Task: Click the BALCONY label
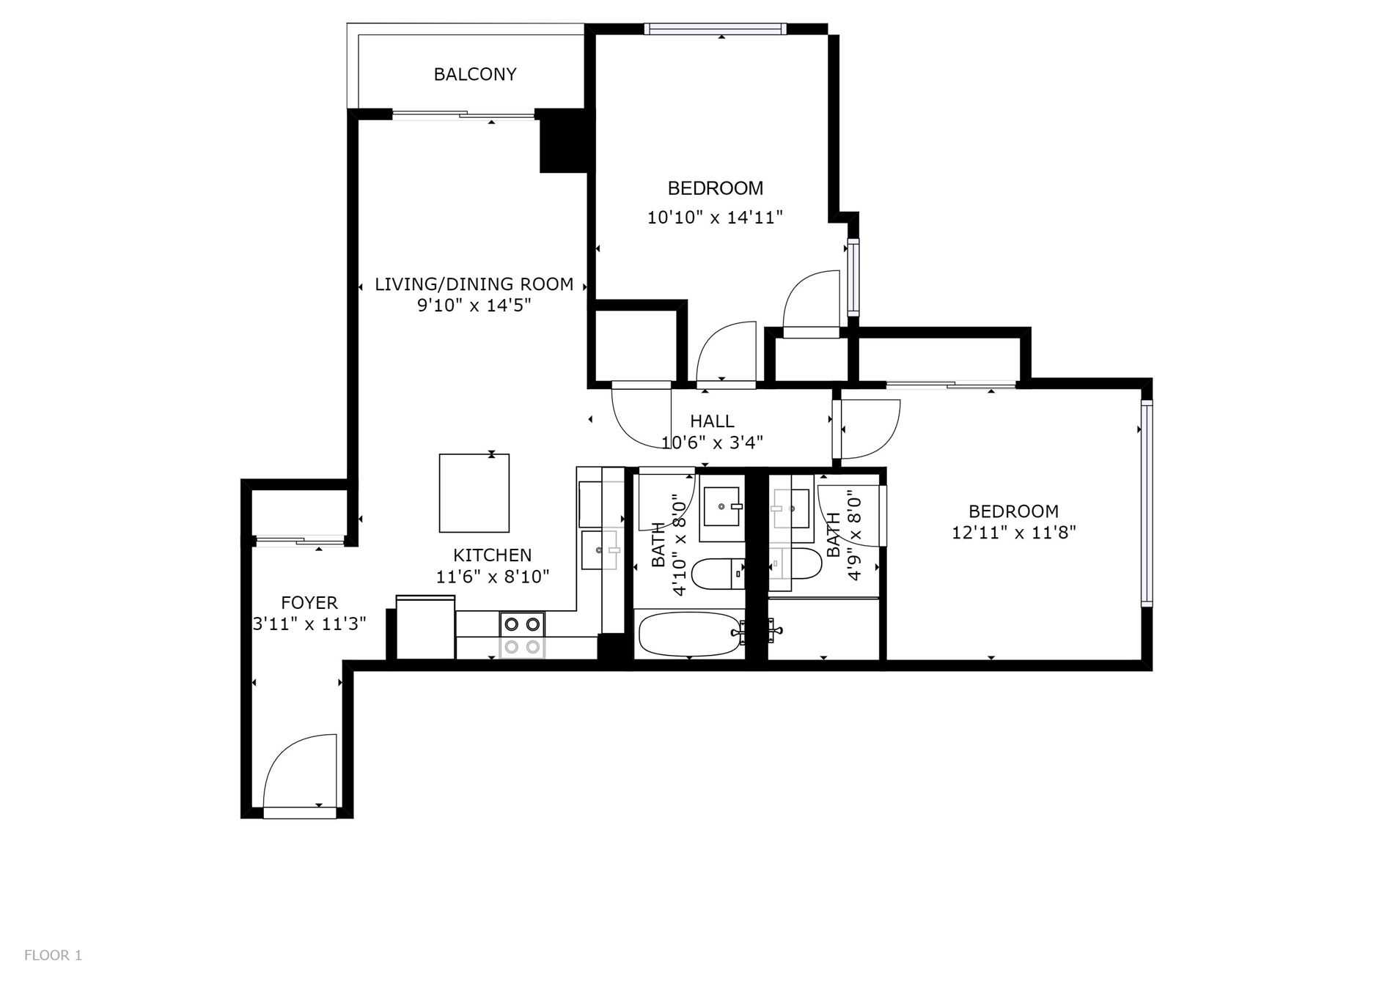(475, 74)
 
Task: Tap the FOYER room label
(309, 603)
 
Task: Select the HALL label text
(712, 421)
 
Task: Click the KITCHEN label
(492, 555)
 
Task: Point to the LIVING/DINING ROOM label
(474, 284)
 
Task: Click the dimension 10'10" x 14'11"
(716, 218)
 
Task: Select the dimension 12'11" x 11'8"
(1014, 533)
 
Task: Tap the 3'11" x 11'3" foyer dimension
(309, 624)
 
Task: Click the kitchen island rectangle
(474, 493)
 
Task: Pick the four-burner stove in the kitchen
(522, 635)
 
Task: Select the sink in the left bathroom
(723, 506)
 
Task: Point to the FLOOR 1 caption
(53, 955)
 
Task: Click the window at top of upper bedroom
(716, 29)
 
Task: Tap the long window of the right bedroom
(1147, 503)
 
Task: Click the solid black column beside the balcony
(563, 141)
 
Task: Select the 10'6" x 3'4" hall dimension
(712, 443)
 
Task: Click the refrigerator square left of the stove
(425, 628)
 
